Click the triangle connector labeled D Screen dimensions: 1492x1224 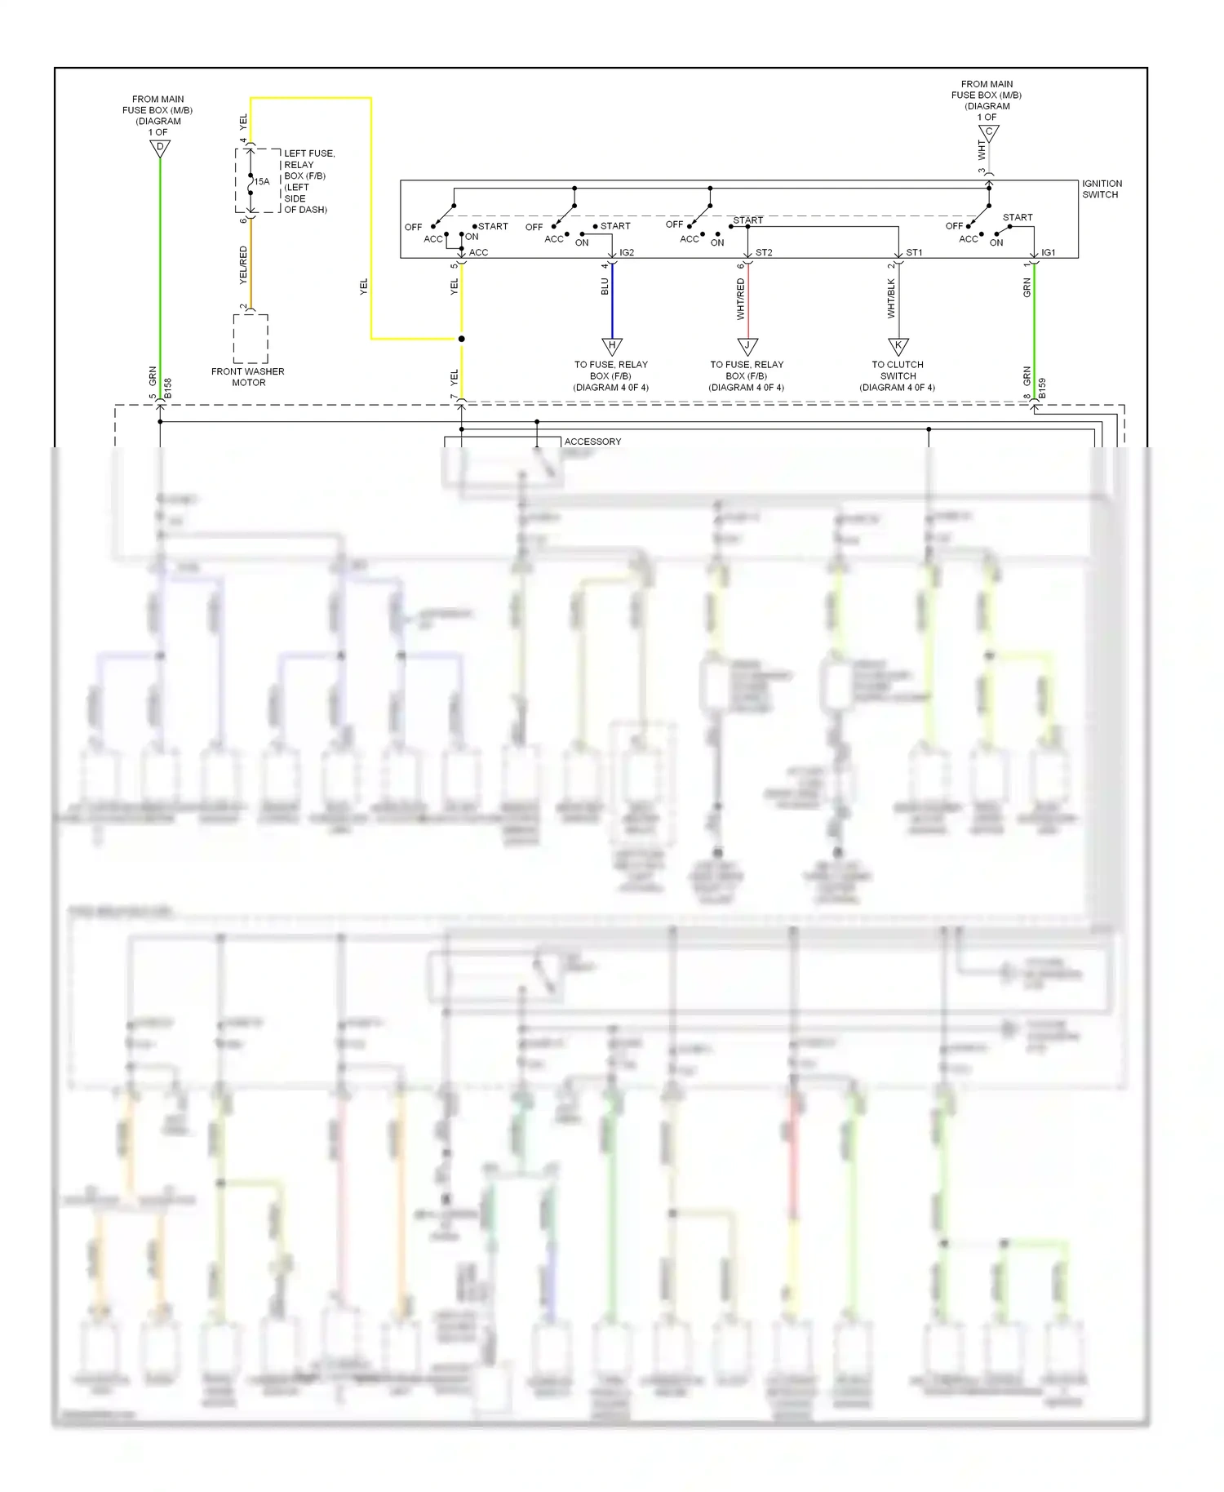click(x=160, y=148)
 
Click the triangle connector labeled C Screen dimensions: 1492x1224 click(x=988, y=132)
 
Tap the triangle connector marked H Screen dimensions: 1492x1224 click(x=612, y=346)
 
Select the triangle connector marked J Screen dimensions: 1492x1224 click(x=747, y=346)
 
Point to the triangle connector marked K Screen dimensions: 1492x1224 click(x=898, y=346)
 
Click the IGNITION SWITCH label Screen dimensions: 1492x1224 click(x=1102, y=189)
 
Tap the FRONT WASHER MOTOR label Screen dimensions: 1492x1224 click(x=248, y=377)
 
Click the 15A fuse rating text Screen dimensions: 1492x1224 click(x=261, y=182)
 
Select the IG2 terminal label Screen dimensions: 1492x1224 click(x=627, y=253)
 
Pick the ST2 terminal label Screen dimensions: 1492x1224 click(x=764, y=253)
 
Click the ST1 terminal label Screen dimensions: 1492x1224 click(x=914, y=253)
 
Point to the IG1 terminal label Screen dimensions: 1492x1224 click(x=1049, y=253)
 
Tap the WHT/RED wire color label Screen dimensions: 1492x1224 click(x=741, y=299)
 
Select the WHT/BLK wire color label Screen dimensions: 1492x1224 click(x=891, y=299)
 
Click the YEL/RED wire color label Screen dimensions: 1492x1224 click(x=243, y=265)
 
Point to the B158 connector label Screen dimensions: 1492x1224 click(x=168, y=389)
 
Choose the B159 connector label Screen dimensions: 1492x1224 click(x=1042, y=389)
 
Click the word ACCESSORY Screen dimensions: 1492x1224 click(x=592, y=442)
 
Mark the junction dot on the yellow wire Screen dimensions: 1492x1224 click(x=461, y=339)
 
